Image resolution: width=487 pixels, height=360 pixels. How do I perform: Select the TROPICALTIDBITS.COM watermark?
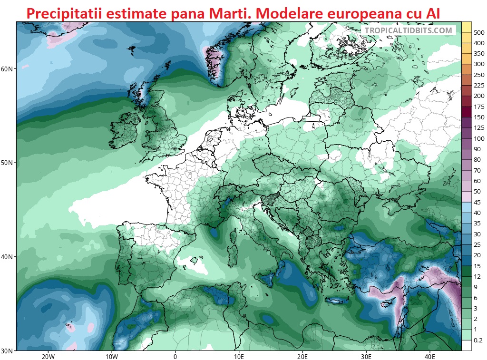pos(409,30)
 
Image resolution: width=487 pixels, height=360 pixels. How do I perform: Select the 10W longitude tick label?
pos(111,356)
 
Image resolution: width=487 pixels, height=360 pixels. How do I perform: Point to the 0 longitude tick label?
pos(175,356)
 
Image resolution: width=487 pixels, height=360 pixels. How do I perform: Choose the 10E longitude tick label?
pos(239,356)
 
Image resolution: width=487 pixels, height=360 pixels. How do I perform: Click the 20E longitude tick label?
pos(302,356)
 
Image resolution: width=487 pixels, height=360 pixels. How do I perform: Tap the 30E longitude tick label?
pos(366,356)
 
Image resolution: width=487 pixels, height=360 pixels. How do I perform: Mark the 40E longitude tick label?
pos(430,356)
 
